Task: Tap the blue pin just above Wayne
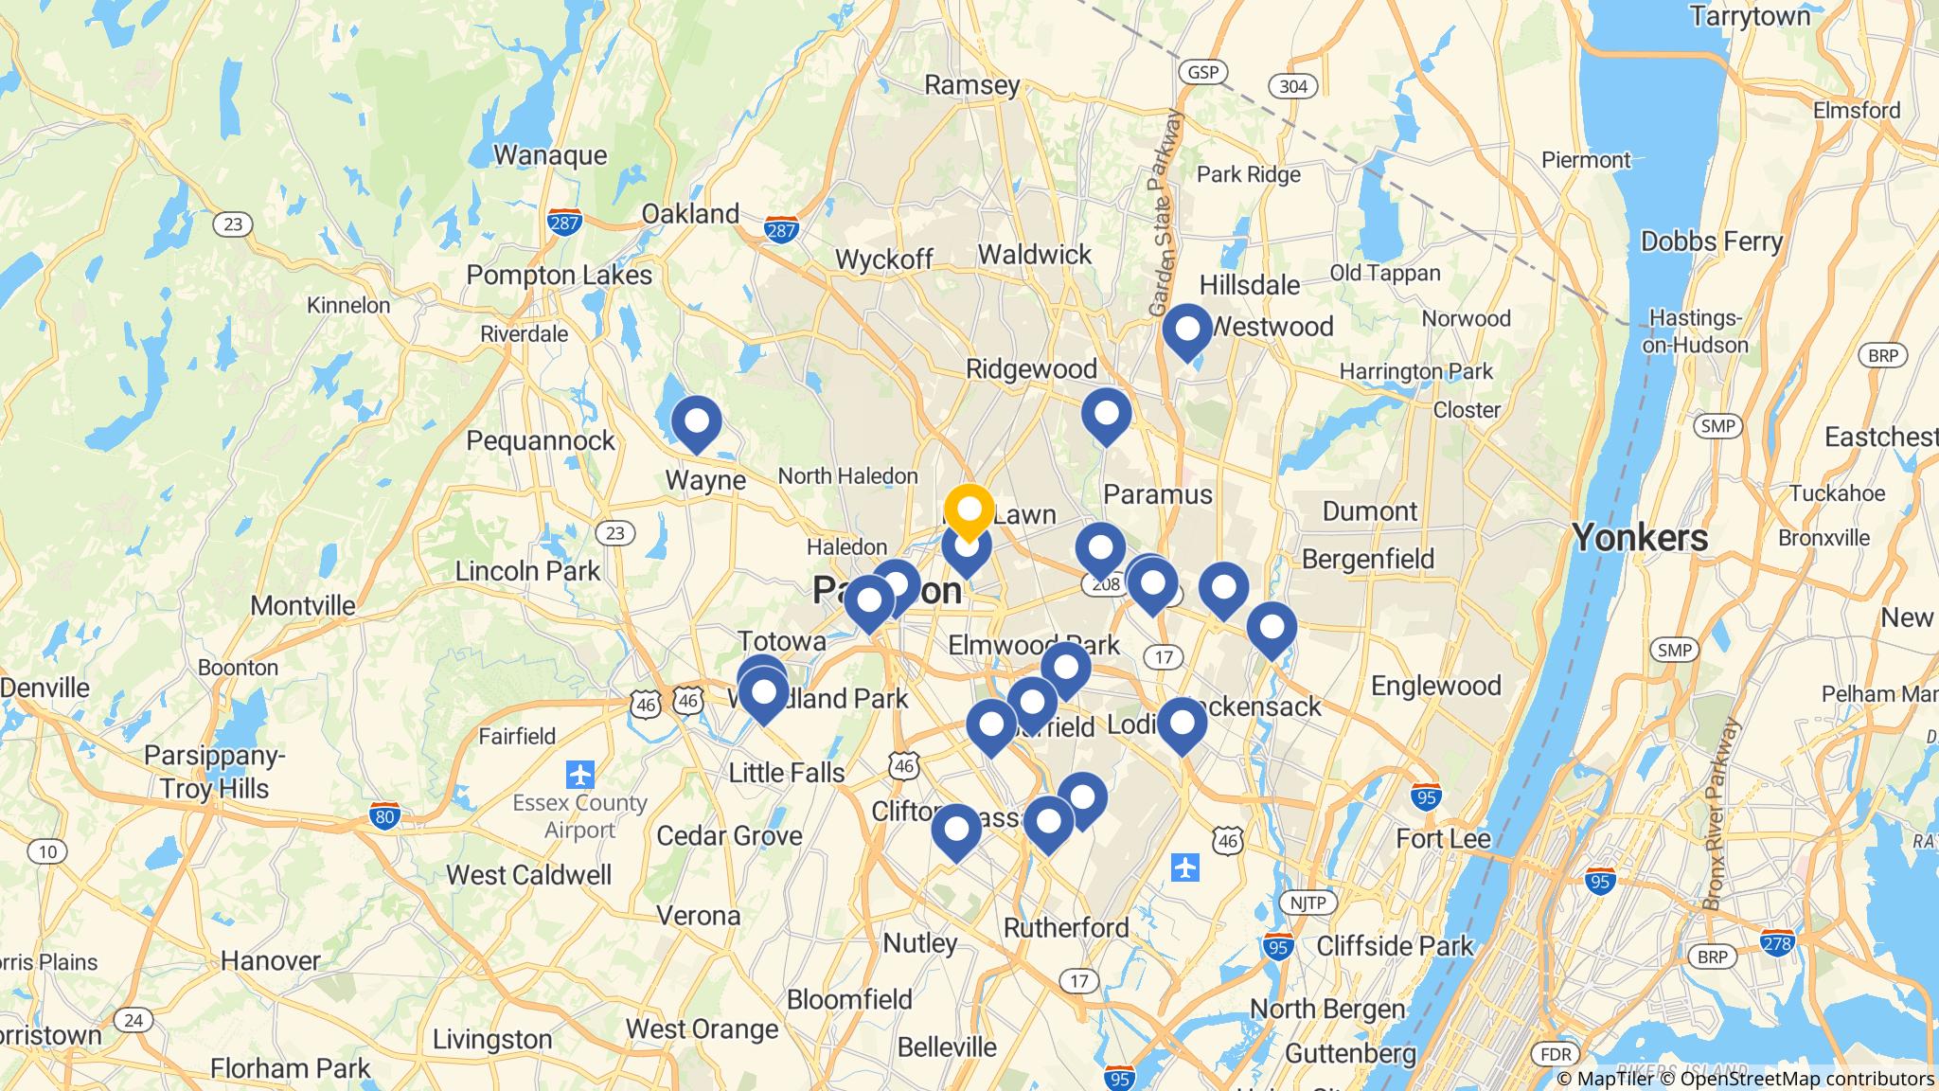[696, 422]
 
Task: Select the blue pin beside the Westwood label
[1186, 331]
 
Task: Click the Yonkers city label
[1640, 538]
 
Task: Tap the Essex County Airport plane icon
[579, 775]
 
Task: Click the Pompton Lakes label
[559, 276]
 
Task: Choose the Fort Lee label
[1443, 838]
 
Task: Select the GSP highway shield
[1202, 72]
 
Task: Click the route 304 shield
[1292, 87]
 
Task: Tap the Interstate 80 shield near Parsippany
[383, 815]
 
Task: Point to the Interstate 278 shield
[1777, 942]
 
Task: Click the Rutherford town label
[1066, 927]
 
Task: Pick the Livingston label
[491, 1039]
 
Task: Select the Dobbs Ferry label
[1711, 241]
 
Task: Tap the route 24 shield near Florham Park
[133, 1020]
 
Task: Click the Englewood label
[1435, 686]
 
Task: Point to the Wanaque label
[550, 154]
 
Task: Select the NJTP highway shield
[1307, 902]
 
